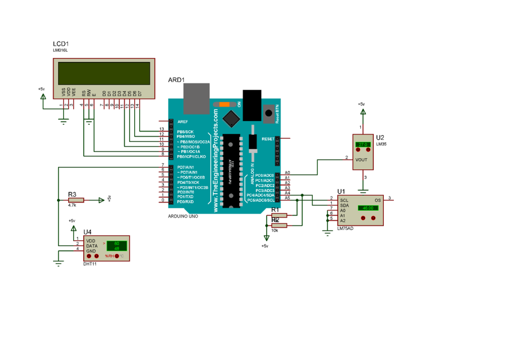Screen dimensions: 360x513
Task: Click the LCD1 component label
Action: (x=61, y=45)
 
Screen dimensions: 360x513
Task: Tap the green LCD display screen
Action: (x=104, y=73)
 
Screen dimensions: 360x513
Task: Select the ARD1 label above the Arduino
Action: (x=176, y=80)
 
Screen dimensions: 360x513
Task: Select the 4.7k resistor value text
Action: (x=72, y=205)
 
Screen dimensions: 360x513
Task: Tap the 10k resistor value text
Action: (x=275, y=230)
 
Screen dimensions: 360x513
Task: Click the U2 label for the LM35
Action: (x=380, y=137)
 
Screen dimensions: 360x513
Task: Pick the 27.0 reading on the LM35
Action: (x=362, y=144)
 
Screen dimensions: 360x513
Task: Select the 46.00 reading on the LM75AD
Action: (x=368, y=208)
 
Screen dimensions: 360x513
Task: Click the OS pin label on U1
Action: (x=378, y=200)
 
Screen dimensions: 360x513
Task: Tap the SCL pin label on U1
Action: (x=344, y=200)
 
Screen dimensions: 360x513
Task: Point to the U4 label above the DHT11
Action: (x=88, y=231)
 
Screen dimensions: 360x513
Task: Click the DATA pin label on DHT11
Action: (x=92, y=246)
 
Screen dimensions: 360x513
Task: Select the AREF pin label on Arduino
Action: (x=182, y=121)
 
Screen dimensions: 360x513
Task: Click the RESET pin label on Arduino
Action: (x=268, y=138)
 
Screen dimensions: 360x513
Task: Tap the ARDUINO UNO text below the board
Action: (x=183, y=216)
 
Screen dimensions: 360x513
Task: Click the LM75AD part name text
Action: (x=345, y=228)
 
